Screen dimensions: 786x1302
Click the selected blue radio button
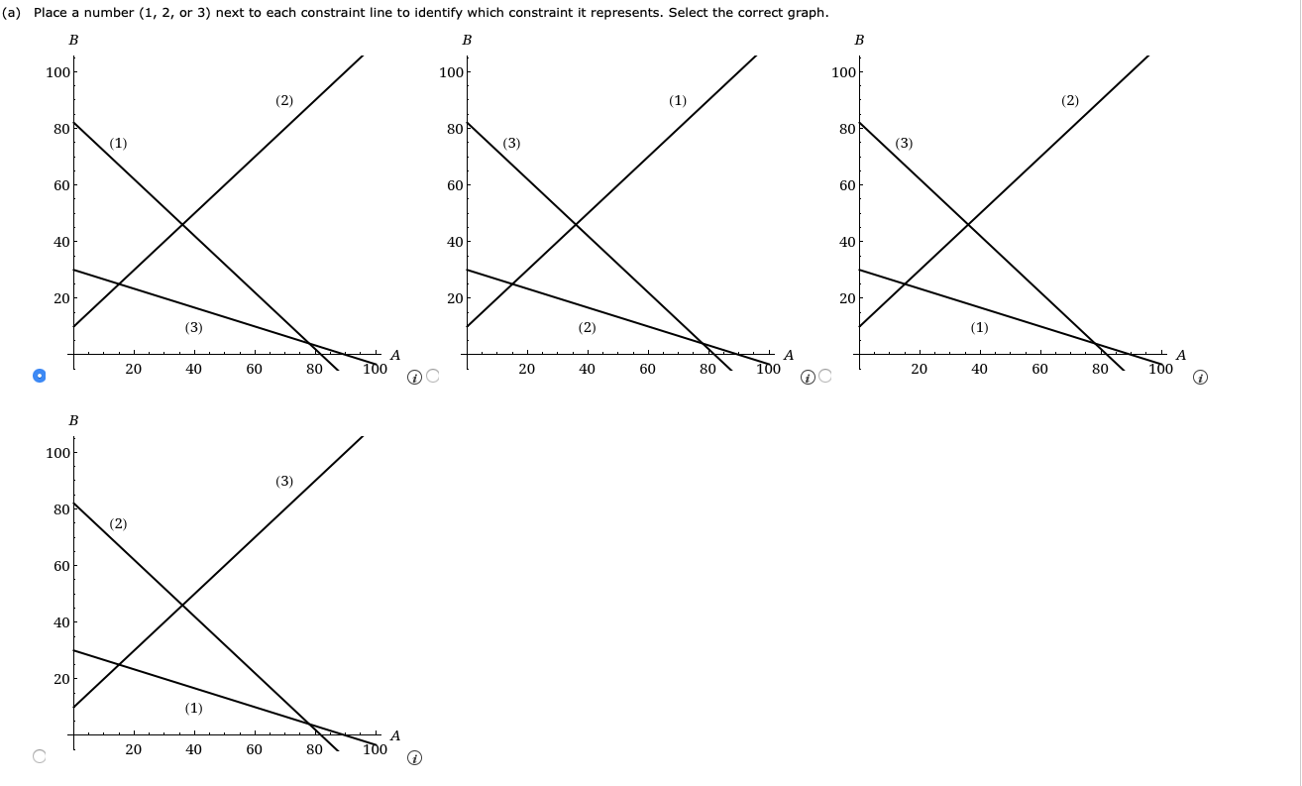coord(39,376)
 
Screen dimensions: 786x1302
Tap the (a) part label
coord(13,13)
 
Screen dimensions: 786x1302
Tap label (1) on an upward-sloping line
coord(678,100)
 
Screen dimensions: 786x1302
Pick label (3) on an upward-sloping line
coord(284,481)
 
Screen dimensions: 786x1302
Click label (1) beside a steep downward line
coord(118,143)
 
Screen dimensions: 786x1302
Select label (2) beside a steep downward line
coord(118,523)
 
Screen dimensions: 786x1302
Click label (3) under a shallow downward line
coord(193,327)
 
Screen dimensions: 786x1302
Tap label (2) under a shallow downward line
coord(587,327)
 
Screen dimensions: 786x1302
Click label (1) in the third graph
coord(979,327)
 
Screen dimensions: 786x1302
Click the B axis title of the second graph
coord(467,41)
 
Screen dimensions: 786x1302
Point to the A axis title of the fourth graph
coord(395,735)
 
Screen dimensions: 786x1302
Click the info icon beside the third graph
coord(1201,378)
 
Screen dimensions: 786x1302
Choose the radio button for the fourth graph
coord(39,756)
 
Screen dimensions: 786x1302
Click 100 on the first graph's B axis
coord(57,72)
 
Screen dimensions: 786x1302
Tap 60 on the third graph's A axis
coord(1039,370)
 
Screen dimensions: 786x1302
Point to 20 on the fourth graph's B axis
coord(61,679)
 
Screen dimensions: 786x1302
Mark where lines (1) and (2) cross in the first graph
coord(182,224)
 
